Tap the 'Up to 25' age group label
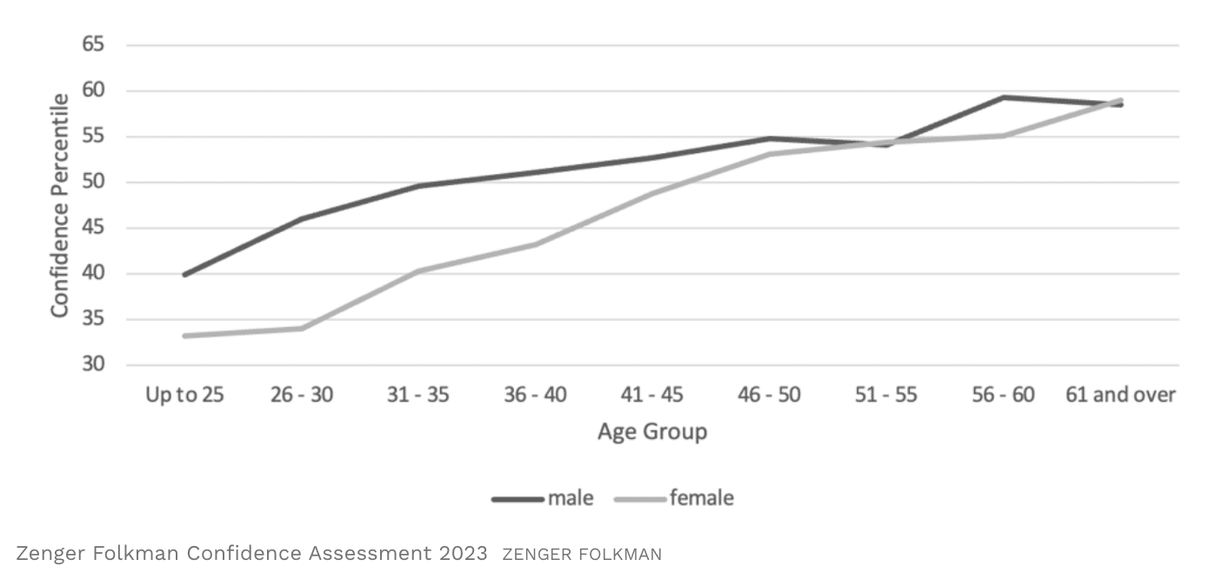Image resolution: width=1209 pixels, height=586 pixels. (184, 395)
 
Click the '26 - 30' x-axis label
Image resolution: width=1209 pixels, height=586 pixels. (301, 395)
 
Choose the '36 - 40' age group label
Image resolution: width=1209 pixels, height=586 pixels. (535, 395)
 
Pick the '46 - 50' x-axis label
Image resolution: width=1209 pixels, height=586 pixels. (770, 395)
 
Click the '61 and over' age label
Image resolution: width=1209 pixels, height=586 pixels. (1120, 395)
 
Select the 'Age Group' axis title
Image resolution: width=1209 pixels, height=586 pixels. (651, 431)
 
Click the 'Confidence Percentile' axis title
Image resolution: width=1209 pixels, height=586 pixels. (59, 205)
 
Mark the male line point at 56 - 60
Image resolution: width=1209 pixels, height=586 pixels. (1004, 97)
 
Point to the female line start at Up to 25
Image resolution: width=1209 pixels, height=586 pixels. (184, 336)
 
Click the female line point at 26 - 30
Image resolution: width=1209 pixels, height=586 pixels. (301, 328)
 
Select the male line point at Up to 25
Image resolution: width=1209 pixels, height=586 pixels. (184, 275)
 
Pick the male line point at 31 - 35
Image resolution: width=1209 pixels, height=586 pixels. (418, 186)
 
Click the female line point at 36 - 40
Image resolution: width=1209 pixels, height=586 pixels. (535, 244)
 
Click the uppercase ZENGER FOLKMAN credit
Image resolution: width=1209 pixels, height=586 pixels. (582, 555)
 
